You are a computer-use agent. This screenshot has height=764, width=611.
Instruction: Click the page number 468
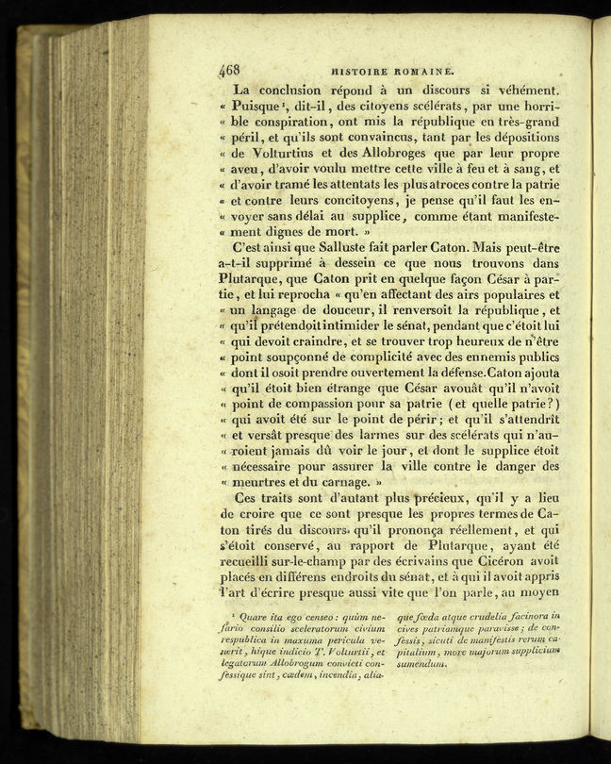pos(229,69)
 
